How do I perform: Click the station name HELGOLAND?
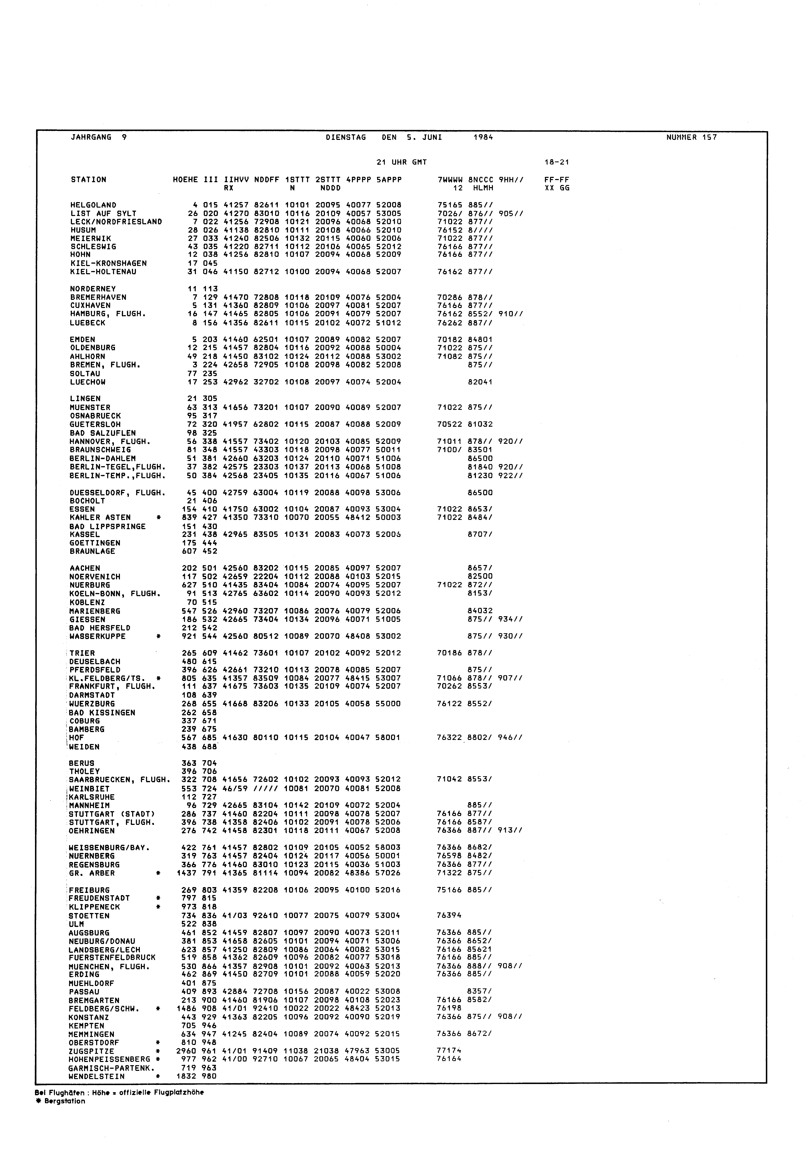(x=93, y=205)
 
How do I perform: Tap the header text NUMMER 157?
(x=691, y=137)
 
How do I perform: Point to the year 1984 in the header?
(x=483, y=137)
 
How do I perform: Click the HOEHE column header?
(x=185, y=180)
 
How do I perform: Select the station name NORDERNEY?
(x=93, y=289)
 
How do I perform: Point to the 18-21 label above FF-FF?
(x=557, y=163)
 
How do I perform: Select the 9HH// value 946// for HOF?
(x=510, y=738)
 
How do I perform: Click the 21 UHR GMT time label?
(x=401, y=163)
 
